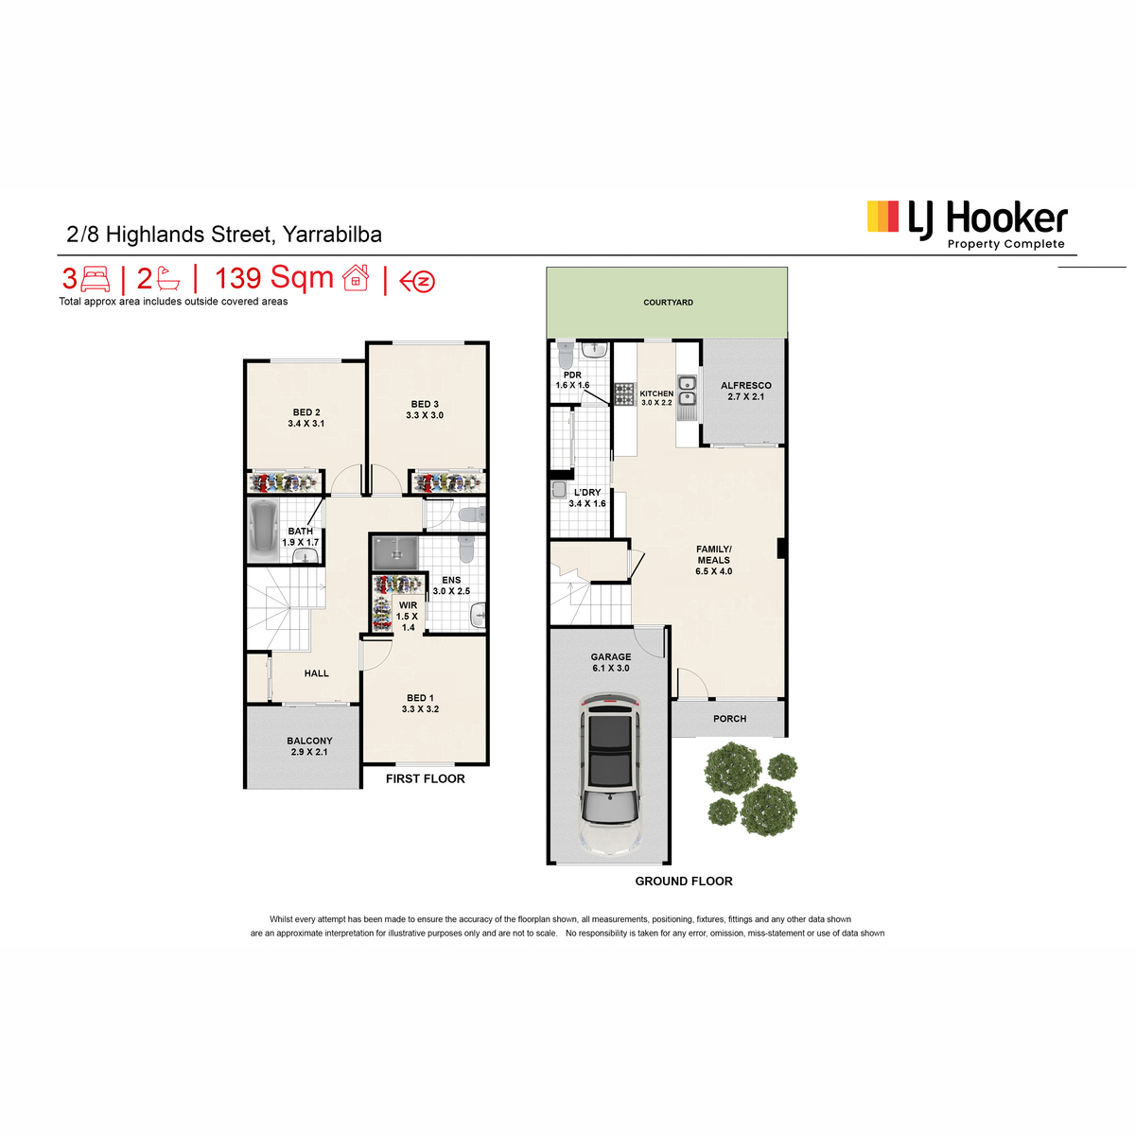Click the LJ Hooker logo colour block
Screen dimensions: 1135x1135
(882, 217)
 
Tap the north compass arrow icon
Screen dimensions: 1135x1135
(417, 282)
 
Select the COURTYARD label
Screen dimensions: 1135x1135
(668, 302)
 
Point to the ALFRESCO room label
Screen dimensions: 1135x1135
(745, 386)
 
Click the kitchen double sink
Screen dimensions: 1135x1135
(687, 391)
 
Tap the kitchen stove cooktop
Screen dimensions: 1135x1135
(624, 394)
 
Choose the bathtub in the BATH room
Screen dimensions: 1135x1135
(263, 531)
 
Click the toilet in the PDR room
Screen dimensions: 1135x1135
(566, 355)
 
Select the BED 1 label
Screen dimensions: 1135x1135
(420, 698)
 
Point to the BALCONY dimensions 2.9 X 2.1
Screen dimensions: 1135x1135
(309, 752)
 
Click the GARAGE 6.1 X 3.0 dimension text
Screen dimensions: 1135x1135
(611, 668)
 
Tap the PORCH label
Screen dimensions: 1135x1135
(730, 719)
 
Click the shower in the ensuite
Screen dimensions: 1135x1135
(395, 553)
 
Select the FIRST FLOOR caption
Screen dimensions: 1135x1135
(426, 778)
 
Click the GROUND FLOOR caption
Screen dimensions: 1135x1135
(684, 882)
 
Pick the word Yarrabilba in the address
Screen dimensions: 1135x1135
(332, 235)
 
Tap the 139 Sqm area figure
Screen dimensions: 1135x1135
(274, 278)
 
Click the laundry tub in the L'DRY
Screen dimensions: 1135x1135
(559, 489)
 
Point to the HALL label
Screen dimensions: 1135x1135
(316, 673)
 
